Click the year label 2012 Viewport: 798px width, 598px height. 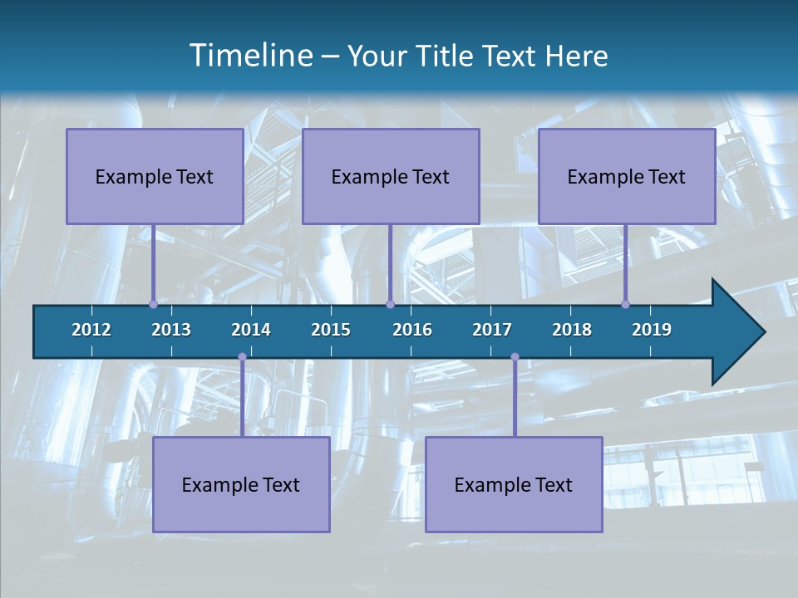(x=91, y=330)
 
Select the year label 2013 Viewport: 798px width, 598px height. (x=171, y=330)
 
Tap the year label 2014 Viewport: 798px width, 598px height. (x=251, y=330)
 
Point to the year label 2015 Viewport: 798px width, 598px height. (x=331, y=330)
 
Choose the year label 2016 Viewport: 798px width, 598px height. (x=412, y=330)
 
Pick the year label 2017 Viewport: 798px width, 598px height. (x=492, y=330)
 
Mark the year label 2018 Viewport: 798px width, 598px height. (x=572, y=330)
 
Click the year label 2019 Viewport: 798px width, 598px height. (x=652, y=330)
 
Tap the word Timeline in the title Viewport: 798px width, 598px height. (x=249, y=56)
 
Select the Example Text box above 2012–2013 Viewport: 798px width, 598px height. (x=155, y=176)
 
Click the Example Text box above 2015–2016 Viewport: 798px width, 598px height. (x=391, y=176)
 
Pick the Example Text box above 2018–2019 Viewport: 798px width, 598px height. (x=627, y=176)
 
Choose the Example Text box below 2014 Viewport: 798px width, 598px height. (x=241, y=484)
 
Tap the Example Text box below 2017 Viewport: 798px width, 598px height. (x=514, y=484)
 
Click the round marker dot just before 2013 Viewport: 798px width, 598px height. (x=153, y=304)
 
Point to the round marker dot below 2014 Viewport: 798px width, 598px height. (x=242, y=357)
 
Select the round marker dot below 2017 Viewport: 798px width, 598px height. (x=515, y=357)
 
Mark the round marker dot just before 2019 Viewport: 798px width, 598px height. (x=625, y=304)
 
